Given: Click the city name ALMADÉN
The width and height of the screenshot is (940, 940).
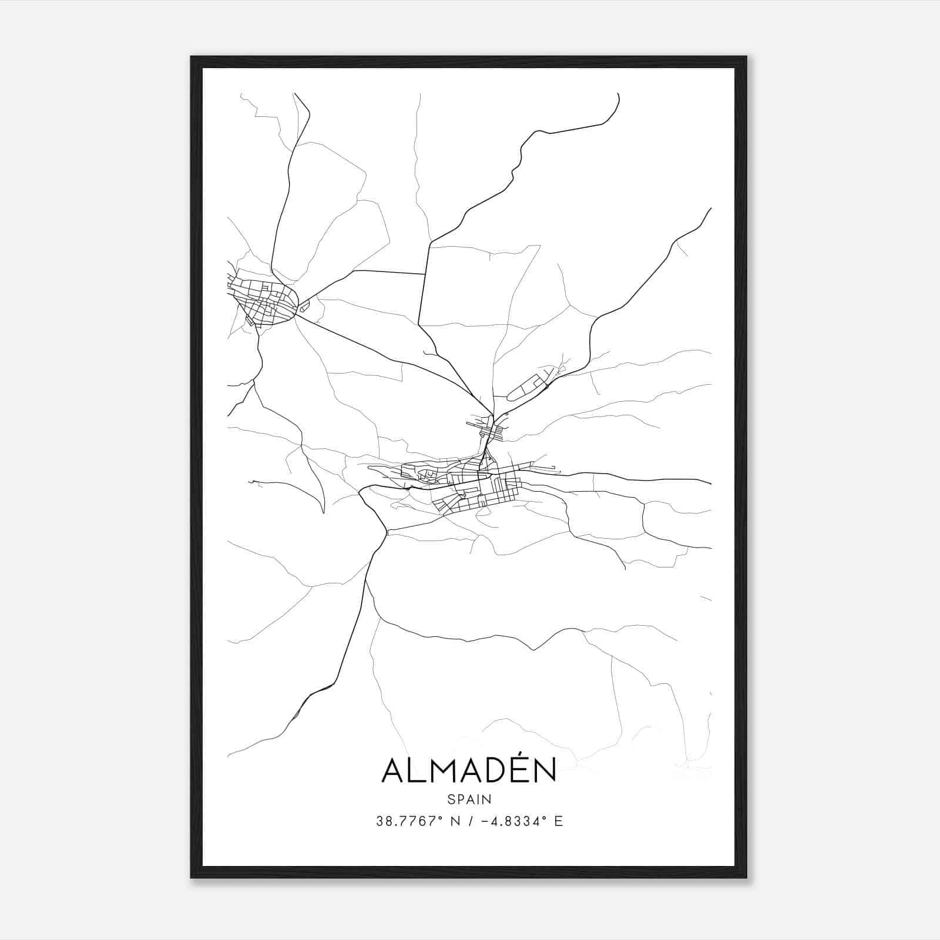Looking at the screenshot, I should [x=469, y=770].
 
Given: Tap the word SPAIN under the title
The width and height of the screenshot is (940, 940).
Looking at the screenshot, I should [x=469, y=800].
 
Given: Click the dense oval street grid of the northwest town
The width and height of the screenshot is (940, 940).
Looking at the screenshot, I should [x=262, y=300].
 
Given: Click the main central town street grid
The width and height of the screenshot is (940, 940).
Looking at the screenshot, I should [x=476, y=485].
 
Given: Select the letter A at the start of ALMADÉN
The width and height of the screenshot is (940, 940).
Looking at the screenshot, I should [x=393, y=771].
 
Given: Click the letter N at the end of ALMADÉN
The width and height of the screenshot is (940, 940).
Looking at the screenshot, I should [x=545, y=771].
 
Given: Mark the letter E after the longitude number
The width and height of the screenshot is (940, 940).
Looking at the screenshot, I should [x=559, y=821].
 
